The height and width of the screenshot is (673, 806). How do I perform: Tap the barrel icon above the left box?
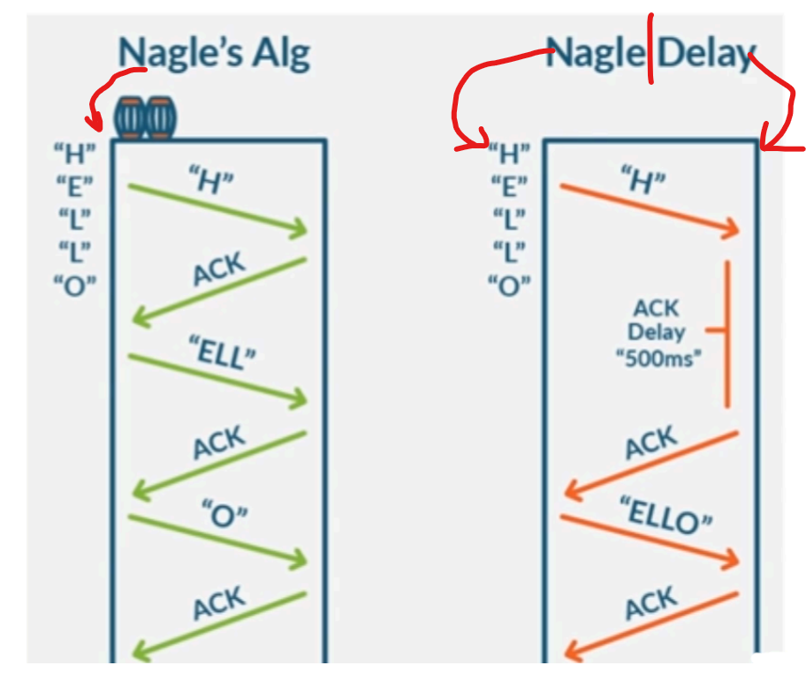[145, 118]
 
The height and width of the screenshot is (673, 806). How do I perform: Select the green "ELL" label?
[223, 352]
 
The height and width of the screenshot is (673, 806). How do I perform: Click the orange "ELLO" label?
[666, 515]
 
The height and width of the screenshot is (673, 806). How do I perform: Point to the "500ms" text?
[658, 358]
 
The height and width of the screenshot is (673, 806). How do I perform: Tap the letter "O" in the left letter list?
[75, 285]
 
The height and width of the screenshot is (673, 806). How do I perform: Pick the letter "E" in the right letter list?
[509, 186]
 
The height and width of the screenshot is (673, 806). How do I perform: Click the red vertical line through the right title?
[650, 49]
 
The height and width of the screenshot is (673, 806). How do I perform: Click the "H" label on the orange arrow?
[643, 180]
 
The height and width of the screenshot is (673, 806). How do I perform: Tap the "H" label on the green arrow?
[210, 180]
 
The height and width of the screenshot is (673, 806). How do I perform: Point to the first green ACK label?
[219, 268]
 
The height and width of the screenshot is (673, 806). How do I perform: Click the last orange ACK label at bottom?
[651, 602]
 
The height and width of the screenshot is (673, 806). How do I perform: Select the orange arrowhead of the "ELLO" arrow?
[731, 559]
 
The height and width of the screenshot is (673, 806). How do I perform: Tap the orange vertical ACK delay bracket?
[726, 334]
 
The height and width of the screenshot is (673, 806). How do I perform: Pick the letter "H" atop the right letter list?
[509, 154]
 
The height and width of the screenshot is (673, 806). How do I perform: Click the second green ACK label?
[219, 442]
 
